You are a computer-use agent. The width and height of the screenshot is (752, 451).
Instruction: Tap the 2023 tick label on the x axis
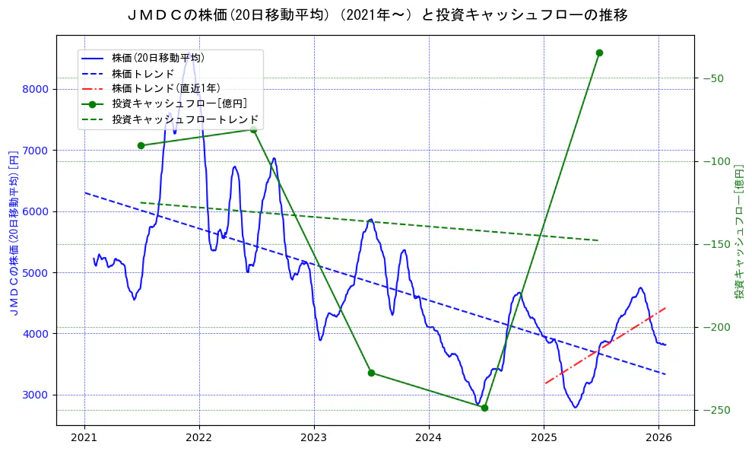tap(314, 437)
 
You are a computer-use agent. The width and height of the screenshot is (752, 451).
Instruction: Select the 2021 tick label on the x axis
tap(84, 437)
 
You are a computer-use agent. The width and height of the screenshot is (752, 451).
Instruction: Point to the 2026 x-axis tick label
tap(658, 437)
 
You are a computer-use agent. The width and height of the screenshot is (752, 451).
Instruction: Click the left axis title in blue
tap(13, 231)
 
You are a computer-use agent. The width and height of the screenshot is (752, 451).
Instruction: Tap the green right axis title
tap(739, 231)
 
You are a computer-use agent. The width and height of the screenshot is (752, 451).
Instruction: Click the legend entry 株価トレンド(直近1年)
tap(164, 88)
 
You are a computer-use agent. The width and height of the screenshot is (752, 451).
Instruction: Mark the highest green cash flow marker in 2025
tap(599, 52)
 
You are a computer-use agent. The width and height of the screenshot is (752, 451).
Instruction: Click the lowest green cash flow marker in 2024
tap(484, 408)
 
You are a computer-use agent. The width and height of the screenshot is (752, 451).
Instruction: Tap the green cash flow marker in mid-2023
tap(371, 373)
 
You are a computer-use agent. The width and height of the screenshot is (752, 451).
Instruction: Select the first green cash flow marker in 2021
tap(141, 145)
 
